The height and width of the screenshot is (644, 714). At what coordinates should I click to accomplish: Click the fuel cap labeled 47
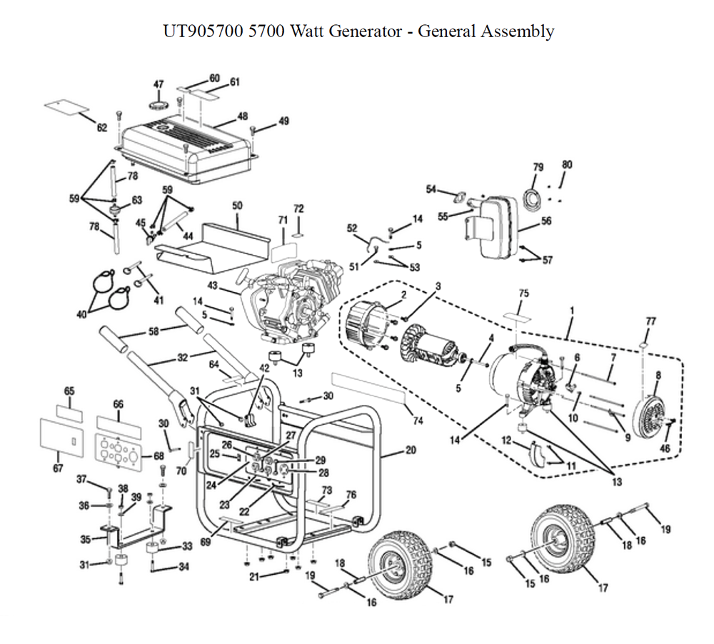tap(158, 104)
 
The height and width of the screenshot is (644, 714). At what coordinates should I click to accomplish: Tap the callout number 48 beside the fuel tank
tap(243, 116)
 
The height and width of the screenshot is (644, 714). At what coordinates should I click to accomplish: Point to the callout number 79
tap(538, 167)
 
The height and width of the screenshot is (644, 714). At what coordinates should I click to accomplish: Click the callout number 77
tap(650, 321)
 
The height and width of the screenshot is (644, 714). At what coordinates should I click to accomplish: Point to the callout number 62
tap(102, 128)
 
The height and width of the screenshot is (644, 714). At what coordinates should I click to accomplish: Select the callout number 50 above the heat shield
tap(237, 206)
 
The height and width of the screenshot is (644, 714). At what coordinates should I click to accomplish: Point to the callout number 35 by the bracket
tap(86, 540)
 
